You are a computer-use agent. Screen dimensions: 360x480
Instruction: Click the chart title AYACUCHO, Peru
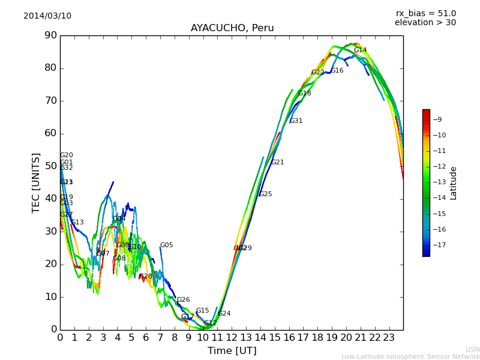pyautogui.click(x=232, y=28)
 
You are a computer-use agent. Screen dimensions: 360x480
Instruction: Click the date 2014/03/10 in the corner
pyautogui.click(x=47, y=16)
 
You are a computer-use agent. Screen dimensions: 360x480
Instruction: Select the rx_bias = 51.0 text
pyautogui.click(x=425, y=13)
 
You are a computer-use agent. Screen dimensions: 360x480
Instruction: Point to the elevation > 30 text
pyautogui.click(x=425, y=23)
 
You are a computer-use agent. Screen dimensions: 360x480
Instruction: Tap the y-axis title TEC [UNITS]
pyautogui.click(x=36, y=182)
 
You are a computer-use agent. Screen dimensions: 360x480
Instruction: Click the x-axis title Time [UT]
pyautogui.click(x=232, y=351)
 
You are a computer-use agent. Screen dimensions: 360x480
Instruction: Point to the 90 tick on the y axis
pyautogui.click(x=50, y=35)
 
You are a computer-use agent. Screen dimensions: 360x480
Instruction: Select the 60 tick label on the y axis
pyautogui.click(x=50, y=133)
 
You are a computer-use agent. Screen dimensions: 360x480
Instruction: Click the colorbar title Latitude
pyautogui.click(x=454, y=183)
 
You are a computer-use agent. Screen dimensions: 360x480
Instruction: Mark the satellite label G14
pyautogui.click(x=360, y=50)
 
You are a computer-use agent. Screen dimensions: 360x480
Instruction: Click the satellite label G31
pyautogui.click(x=296, y=121)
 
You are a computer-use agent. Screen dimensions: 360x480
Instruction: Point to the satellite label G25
pyautogui.click(x=265, y=194)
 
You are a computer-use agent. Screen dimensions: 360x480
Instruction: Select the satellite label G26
pyautogui.click(x=183, y=300)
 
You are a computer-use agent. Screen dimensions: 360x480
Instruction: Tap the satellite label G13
pyautogui.click(x=77, y=223)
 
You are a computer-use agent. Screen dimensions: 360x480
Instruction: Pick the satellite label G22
pyautogui.click(x=317, y=73)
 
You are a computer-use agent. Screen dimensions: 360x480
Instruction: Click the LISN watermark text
pyautogui.click(x=472, y=349)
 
